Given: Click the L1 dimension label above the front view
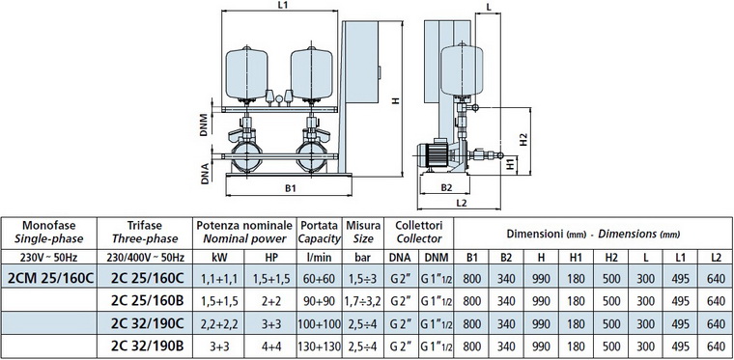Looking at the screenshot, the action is pyautogui.click(x=282, y=5).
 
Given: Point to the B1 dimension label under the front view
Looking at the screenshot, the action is pyautogui.click(x=291, y=188).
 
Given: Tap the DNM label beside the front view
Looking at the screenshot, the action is pyautogui.click(x=204, y=125).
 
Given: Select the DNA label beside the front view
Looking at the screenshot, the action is pyautogui.click(x=205, y=172).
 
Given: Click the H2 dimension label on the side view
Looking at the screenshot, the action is pyautogui.click(x=523, y=139).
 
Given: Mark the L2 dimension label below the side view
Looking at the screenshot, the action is pyautogui.click(x=461, y=203).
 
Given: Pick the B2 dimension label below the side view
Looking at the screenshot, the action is pyautogui.click(x=446, y=188).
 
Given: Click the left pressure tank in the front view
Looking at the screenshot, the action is pyautogui.click(x=246, y=74).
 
